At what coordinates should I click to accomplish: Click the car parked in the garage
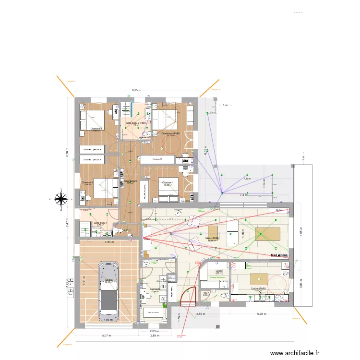108,291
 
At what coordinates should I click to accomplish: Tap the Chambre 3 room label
96,129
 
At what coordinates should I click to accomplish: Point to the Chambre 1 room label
167,183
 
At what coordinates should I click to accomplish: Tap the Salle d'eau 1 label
100,223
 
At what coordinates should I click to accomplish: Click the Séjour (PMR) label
211,238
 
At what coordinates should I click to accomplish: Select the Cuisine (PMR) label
258,289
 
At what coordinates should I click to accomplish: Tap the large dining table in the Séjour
267,234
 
